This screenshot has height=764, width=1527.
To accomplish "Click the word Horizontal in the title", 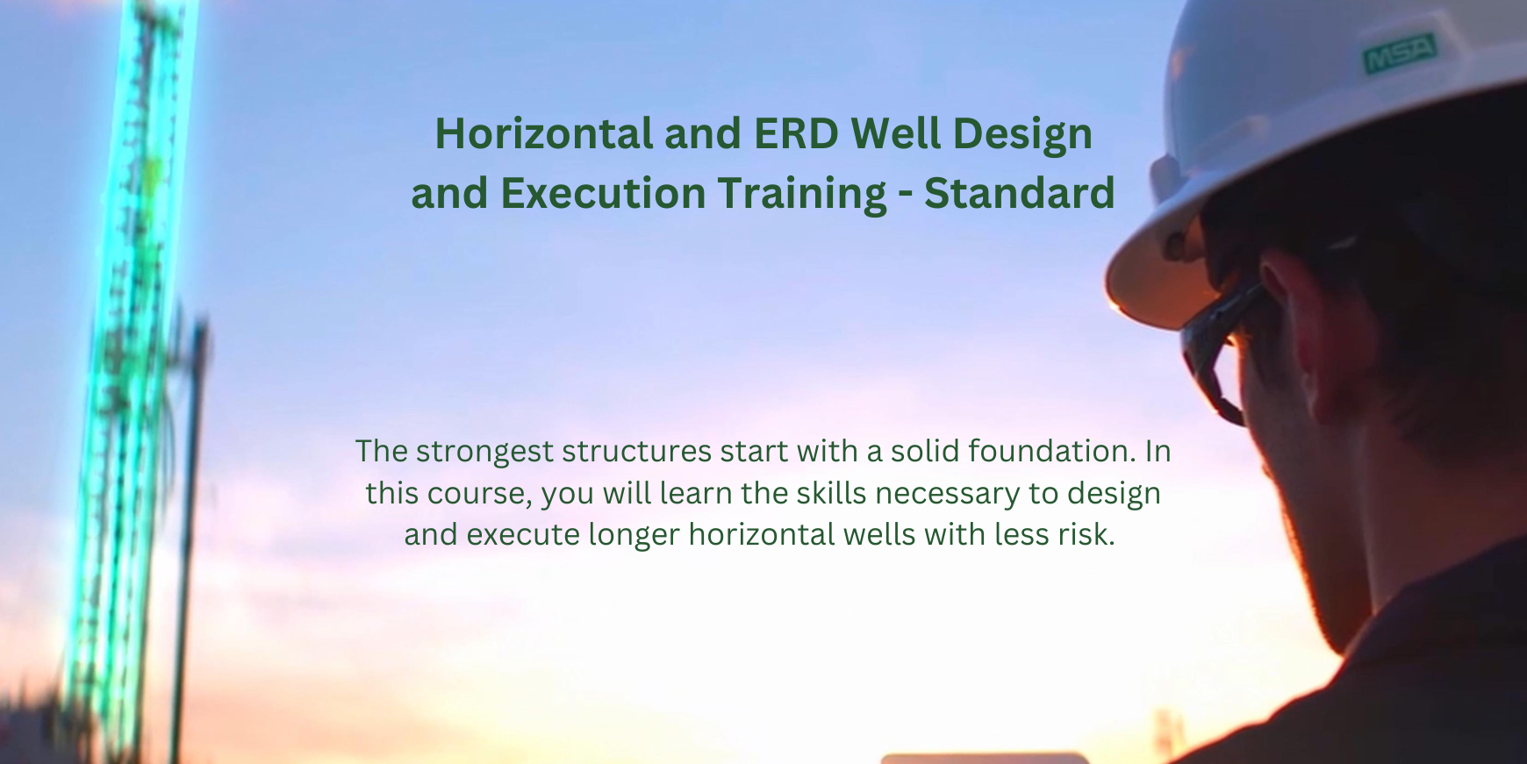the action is point(544,134).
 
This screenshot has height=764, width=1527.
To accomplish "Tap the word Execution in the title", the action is point(602,193).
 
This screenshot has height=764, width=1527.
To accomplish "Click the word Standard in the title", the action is point(1019,193).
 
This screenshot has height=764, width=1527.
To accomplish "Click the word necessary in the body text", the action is point(948,494).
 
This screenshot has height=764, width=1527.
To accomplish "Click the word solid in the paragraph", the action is point(925,451).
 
